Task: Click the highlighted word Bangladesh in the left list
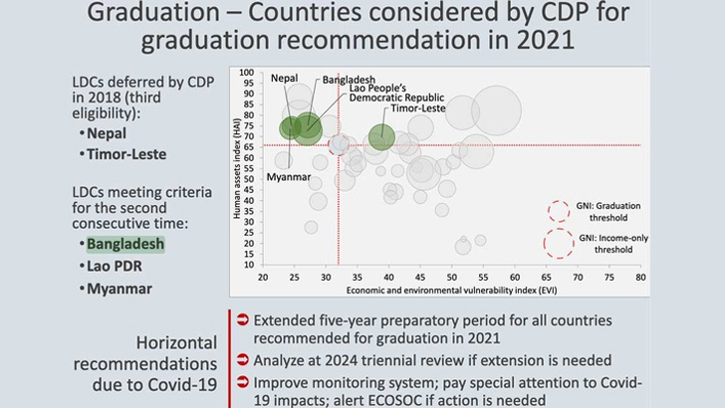tap(125, 243)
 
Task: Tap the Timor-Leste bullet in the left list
tap(125, 154)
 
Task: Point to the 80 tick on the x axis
tap(640, 279)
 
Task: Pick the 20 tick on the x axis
tap(262, 279)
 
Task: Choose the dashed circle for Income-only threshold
tap(558, 244)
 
